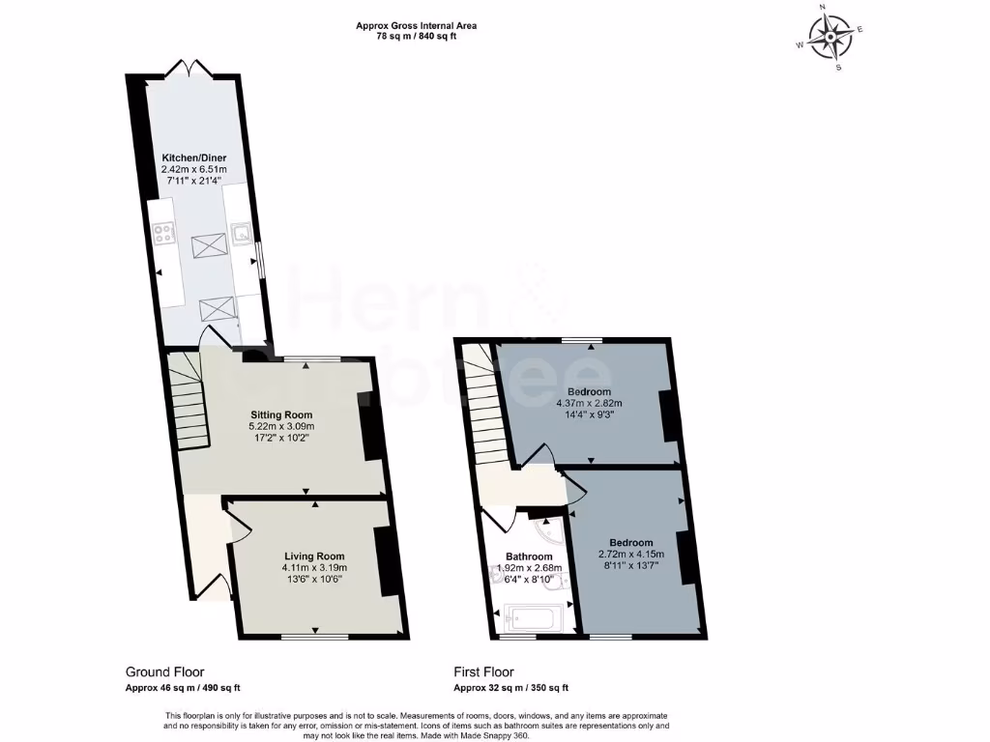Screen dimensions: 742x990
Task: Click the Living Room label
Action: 314,556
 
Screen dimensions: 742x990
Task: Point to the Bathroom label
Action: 529,556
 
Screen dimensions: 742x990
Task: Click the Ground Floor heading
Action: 164,671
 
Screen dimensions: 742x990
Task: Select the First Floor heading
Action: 483,671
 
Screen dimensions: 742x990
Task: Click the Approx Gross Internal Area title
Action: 417,26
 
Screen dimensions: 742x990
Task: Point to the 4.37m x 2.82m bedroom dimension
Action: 589,403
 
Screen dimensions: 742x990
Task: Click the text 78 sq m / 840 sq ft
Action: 417,38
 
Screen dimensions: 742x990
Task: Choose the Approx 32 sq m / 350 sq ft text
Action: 510,688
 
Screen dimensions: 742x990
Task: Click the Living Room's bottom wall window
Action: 314,636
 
